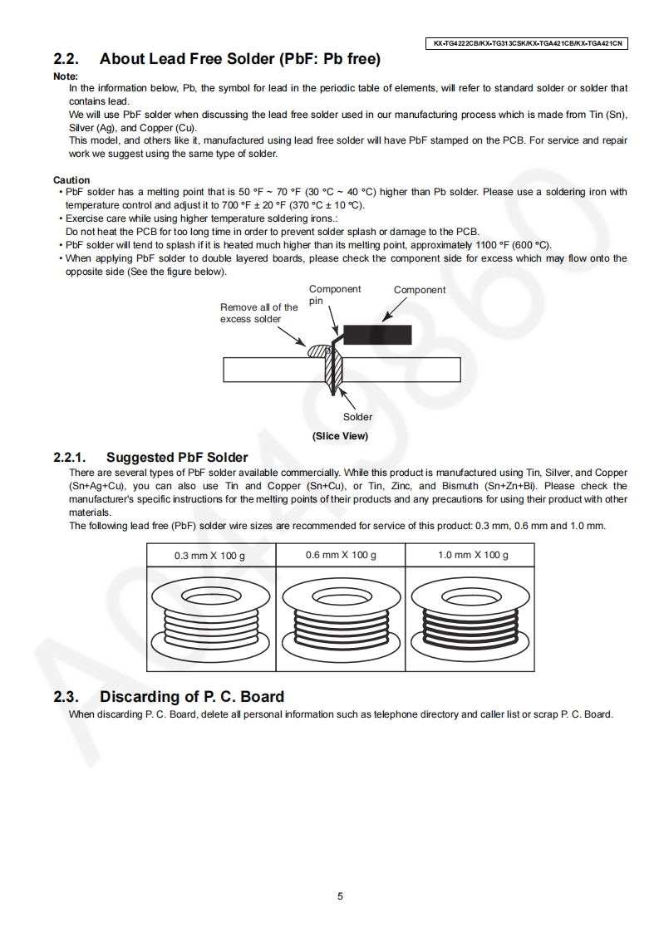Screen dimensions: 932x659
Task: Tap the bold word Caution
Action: click(71, 180)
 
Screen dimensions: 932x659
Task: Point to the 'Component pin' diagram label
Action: click(335, 295)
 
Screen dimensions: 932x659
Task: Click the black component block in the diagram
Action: click(377, 334)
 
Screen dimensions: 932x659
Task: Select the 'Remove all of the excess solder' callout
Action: click(258, 313)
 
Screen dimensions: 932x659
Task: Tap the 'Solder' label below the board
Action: click(357, 417)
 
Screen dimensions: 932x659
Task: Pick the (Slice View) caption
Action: click(340, 436)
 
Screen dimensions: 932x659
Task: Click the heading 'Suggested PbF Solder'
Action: click(177, 458)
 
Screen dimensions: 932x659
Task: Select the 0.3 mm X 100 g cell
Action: click(209, 555)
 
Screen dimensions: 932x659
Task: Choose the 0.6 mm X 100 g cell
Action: click(340, 555)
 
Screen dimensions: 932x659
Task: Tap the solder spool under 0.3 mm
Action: click(209, 618)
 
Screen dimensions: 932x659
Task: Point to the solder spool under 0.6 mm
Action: click(340, 618)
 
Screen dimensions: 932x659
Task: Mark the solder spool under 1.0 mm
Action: click(470, 618)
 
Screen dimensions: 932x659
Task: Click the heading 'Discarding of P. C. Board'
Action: click(192, 696)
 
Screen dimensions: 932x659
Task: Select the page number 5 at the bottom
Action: click(340, 896)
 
